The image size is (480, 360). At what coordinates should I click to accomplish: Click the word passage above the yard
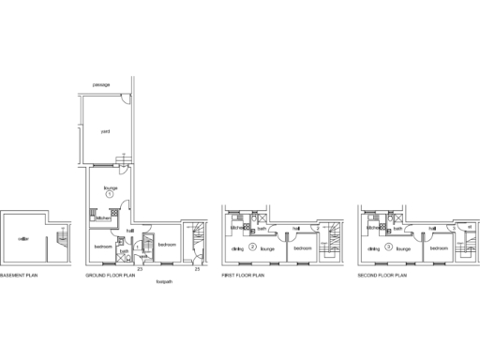[x=101, y=85]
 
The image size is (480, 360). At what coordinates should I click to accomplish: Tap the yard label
[x=105, y=131]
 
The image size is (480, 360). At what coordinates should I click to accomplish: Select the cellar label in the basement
[x=23, y=239]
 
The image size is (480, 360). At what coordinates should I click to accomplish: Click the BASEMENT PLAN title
[x=18, y=276]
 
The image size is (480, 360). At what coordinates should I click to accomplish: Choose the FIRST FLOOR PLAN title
[x=243, y=276]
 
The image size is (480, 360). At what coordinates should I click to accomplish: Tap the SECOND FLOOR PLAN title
[x=382, y=276]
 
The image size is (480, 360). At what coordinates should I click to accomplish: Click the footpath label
[x=164, y=282]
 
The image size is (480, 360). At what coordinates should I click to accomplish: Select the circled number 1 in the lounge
[x=109, y=195]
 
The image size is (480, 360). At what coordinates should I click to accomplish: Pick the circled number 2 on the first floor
[x=253, y=246]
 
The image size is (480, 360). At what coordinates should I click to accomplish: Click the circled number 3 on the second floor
[x=389, y=246]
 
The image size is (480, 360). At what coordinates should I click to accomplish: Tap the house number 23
[x=140, y=269]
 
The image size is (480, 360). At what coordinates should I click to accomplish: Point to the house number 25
[x=197, y=269]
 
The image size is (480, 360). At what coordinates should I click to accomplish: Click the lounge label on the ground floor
[x=109, y=187]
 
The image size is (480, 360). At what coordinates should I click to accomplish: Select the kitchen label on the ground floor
[x=102, y=218]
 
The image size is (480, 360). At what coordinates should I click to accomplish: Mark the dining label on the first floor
[x=237, y=249]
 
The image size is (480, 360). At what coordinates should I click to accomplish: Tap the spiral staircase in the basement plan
[x=63, y=239]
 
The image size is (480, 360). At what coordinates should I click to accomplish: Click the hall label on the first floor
[x=294, y=228]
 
